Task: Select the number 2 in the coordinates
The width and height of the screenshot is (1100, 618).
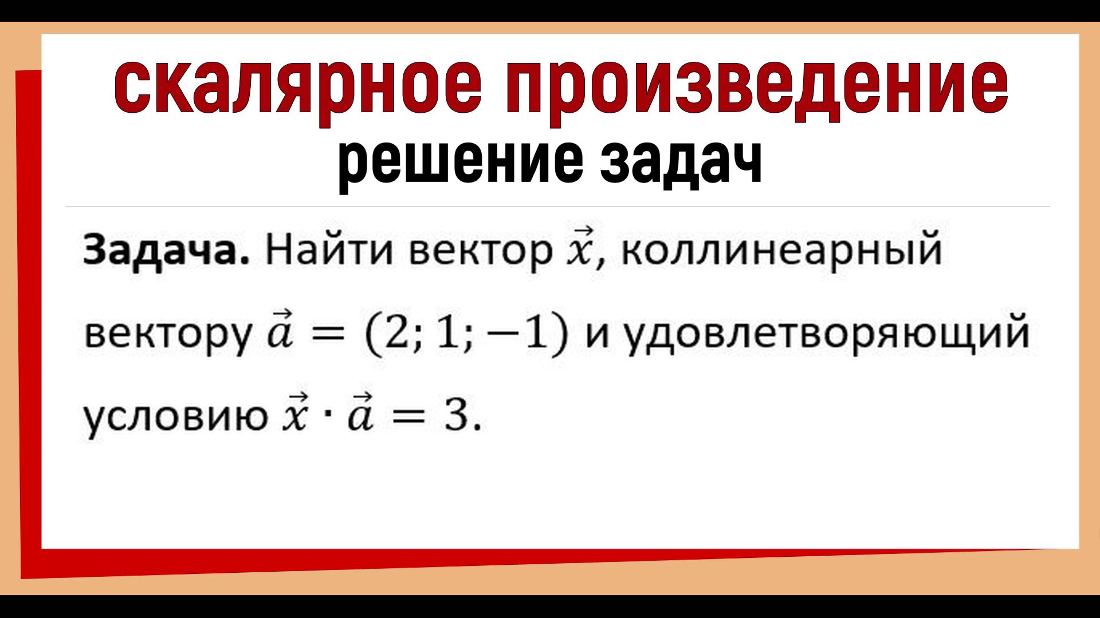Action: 396,334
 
